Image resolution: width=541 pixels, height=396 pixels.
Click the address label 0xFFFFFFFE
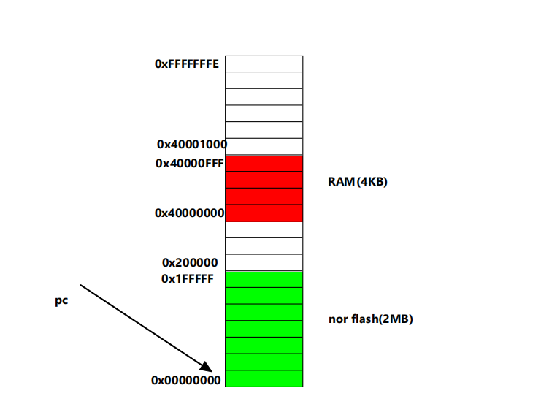pos(187,64)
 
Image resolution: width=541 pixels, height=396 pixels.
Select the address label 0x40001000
pos(192,145)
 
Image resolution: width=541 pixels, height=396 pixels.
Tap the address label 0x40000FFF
pos(190,164)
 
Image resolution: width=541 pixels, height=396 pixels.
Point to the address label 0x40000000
pos(190,213)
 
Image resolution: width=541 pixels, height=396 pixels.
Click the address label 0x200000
pos(190,263)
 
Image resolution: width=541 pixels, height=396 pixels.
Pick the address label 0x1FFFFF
pos(188,278)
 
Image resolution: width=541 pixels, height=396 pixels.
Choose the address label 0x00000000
pos(186,380)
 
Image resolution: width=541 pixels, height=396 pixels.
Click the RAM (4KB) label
pos(358,182)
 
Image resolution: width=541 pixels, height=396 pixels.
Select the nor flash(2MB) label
pos(371,319)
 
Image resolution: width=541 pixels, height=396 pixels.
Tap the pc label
pos(62,301)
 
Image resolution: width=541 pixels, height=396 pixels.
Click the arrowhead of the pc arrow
pos(207,367)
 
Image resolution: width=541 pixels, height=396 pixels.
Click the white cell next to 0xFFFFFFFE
pos(264,64)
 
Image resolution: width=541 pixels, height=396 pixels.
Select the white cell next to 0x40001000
pos(264,146)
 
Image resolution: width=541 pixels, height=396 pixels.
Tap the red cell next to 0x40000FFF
pos(264,164)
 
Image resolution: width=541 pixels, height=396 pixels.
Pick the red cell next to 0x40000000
pos(264,213)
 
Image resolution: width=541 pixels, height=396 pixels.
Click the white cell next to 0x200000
pos(264,263)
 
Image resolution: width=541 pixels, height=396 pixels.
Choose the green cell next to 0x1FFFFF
pos(264,279)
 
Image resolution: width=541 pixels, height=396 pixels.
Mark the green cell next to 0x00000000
pos(264,378)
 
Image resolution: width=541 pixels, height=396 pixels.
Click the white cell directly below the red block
pos(264,229)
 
